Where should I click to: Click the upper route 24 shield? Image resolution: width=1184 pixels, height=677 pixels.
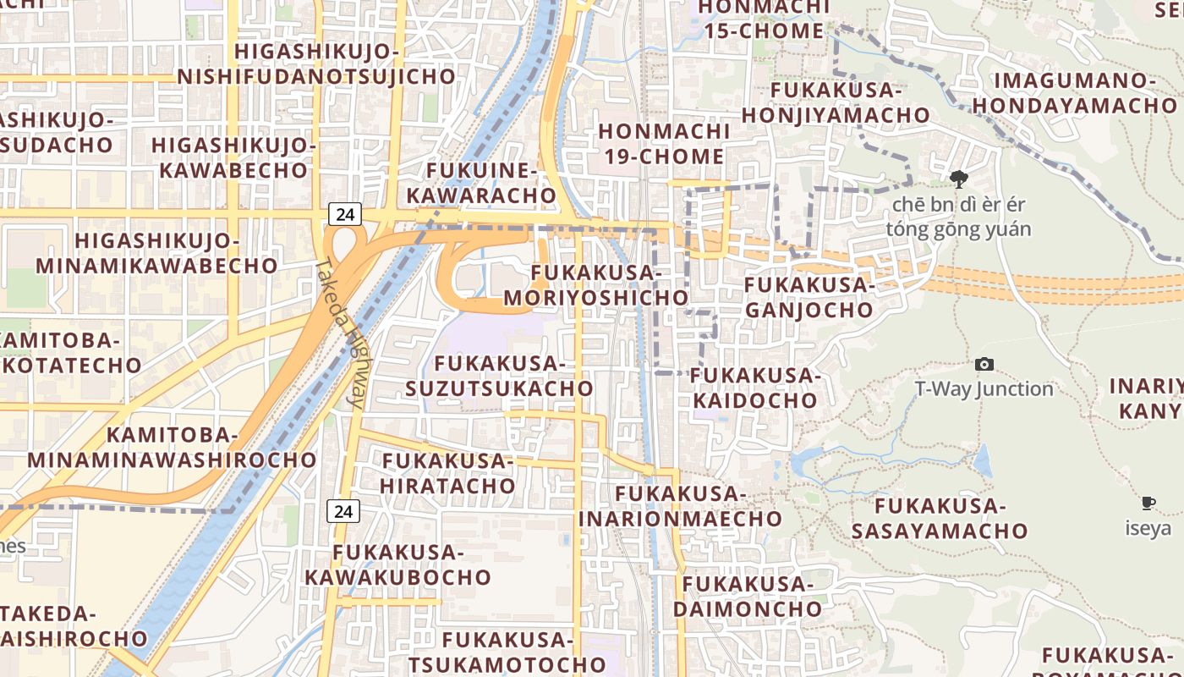point(344,214)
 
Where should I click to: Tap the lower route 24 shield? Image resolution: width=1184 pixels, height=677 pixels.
point(343,511)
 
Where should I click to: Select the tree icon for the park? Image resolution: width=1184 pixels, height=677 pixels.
point(958,179)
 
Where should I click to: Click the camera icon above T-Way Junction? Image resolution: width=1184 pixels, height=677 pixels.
point(984,364)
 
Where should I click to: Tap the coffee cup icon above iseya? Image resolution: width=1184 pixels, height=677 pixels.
point(1148,504)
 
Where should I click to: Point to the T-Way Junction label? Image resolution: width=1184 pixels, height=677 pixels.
point(984,389)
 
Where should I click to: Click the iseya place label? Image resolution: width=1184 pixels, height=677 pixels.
point(1148,529)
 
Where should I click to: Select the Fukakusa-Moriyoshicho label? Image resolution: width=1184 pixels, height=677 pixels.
point(596,285)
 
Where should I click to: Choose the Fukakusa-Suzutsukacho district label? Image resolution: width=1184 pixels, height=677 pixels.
point(499,376)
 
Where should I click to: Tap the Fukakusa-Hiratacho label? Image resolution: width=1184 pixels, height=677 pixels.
point(447,473)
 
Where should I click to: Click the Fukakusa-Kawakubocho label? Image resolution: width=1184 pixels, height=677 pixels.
point(397,564)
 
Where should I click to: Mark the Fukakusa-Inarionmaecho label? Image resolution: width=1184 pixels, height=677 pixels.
point(680,505)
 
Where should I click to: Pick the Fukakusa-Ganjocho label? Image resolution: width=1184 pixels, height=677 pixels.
point(809,297)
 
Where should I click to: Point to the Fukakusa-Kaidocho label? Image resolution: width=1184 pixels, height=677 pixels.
point(756,387)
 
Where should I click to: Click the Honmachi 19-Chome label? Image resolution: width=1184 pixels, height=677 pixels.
point(664,144)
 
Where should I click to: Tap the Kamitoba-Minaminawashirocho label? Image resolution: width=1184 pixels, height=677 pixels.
point(173,448)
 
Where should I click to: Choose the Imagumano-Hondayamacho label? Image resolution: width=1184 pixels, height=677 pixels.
point(1074,93)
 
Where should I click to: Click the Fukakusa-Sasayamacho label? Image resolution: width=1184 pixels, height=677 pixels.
point(939,519)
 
